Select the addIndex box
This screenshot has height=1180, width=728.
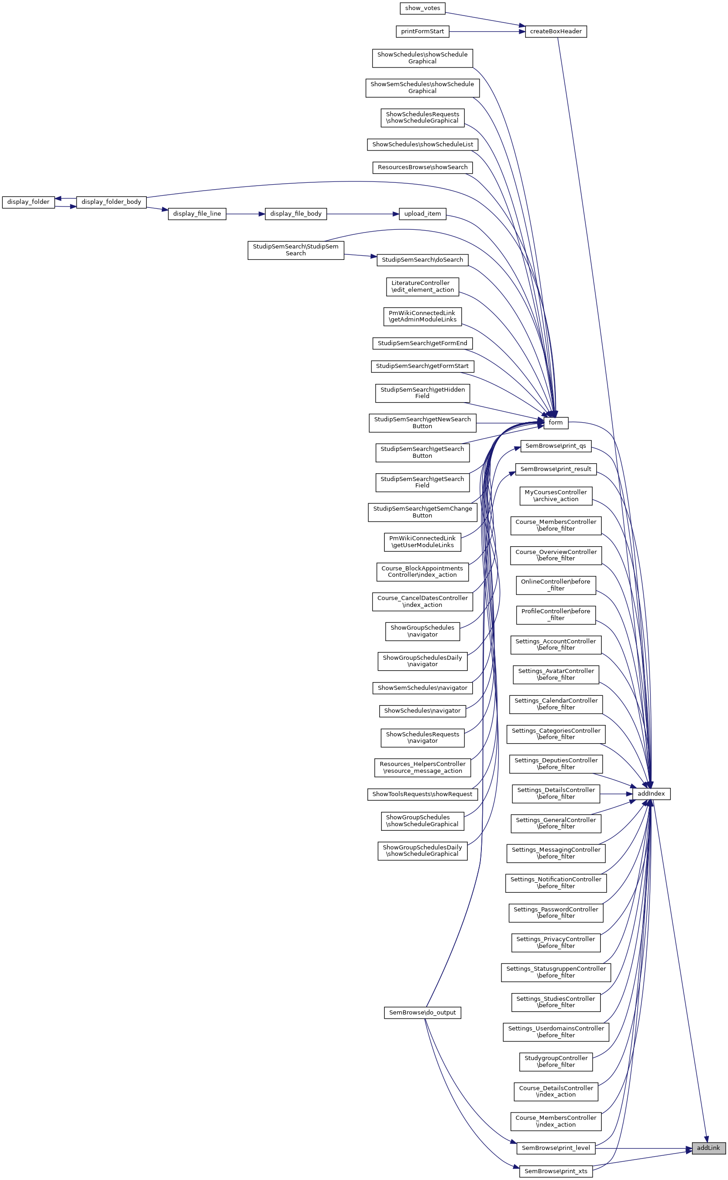coord(651,794)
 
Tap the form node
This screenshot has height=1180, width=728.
coord(556,423)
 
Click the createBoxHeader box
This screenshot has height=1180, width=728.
coord(556,32)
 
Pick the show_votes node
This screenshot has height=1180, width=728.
coord(422,8)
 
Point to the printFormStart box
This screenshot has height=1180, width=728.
coord(422,32)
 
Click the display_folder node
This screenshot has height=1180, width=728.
coord(28,202)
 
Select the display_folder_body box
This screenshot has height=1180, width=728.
coord(111,202)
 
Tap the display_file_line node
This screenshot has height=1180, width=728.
coord(197,214)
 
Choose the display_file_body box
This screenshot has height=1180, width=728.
coord(296,214)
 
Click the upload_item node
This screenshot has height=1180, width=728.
coord(422,214)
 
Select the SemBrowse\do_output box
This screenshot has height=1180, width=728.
coord(422,1013)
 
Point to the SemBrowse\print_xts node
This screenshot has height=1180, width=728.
coord(556,1171)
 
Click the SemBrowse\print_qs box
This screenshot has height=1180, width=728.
coord(556,446)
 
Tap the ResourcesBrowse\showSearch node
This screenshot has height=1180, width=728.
coord(422,167)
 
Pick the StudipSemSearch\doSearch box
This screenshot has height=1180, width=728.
coord(422,260)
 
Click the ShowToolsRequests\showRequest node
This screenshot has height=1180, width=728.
coord(422,794)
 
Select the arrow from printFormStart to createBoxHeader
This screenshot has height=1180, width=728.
coord(486,32)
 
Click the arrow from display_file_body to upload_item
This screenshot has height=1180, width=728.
coord(362,214)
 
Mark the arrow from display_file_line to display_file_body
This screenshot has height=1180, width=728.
coord(245,214)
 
